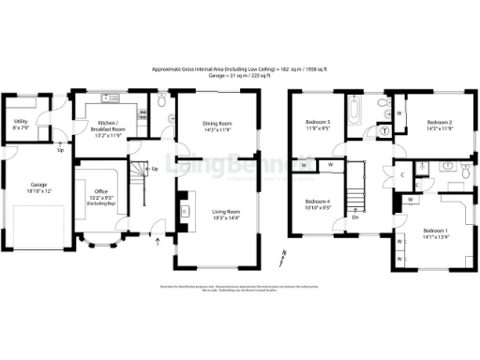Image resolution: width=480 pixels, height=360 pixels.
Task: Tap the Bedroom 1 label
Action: [x=435, y=233]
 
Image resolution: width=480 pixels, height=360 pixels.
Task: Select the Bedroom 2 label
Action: [x=440, y=124]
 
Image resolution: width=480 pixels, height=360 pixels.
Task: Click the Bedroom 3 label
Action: [x=318, y=127]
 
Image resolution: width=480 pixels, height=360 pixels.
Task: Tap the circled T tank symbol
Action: [x=384, y=131]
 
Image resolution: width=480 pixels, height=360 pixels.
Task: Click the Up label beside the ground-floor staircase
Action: [x=155, y=170]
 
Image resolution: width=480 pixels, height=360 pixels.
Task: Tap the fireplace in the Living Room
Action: [x=185, y=212]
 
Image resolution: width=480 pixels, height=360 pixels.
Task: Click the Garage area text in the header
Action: [x=240, y=76]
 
